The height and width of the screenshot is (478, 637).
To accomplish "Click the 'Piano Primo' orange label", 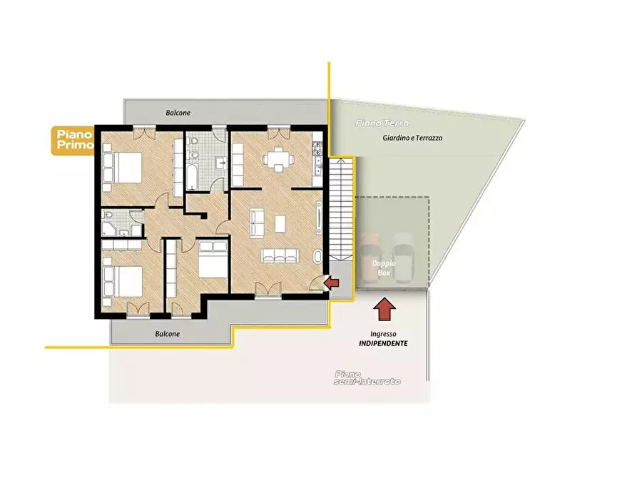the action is [x=73, y=141].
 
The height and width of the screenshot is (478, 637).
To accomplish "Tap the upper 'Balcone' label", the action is [x=178, y=113].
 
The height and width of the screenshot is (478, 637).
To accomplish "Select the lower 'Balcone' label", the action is [x=168, y=334].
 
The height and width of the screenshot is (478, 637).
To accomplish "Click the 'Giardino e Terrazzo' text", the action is [x=412, y=138].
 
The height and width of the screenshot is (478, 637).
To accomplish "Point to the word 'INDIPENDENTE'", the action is [x=383, y=343].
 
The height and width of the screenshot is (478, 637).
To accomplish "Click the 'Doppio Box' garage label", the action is [x=384, y=268].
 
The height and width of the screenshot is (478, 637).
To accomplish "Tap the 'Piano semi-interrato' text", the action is [x=367, y=377].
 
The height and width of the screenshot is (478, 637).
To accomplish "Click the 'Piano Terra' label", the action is [x=382, y=123].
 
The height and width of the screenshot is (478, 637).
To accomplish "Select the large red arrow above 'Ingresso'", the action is [x=384, y=309].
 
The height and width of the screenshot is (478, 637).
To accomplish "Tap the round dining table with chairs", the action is [x=278, y=159].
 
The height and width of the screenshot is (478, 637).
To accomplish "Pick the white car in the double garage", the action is [x=402, y=258].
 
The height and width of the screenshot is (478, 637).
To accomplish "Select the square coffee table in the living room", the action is [x=280, y=223].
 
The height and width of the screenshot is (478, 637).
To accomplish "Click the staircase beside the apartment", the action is [x=340, y=210].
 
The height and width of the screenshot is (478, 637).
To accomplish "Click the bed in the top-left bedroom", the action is [x=122, y=168].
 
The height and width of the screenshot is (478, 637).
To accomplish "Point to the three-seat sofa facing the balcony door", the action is [x=280, y=255].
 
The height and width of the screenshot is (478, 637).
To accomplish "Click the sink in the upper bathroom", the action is [x=221, y=164].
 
